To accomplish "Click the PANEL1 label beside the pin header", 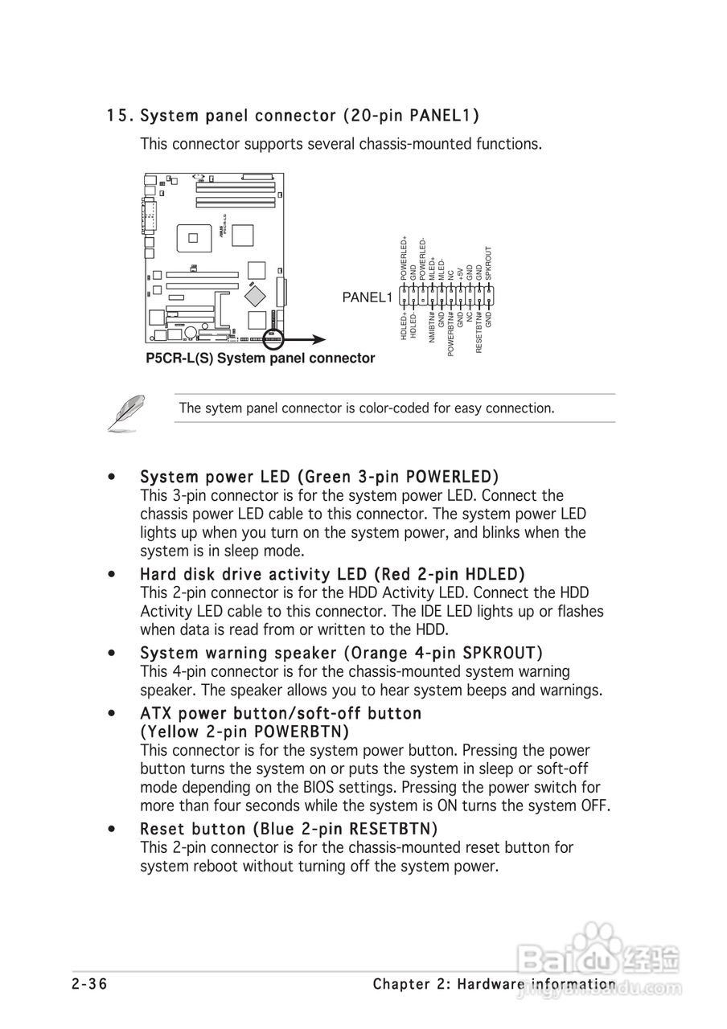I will [x=367, y=297].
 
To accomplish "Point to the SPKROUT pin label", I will [x=488, y=263].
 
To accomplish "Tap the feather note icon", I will [x=126, y=412].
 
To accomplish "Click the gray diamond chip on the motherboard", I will [x=257, y=295].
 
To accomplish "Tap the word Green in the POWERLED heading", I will [x=329, y=477].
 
